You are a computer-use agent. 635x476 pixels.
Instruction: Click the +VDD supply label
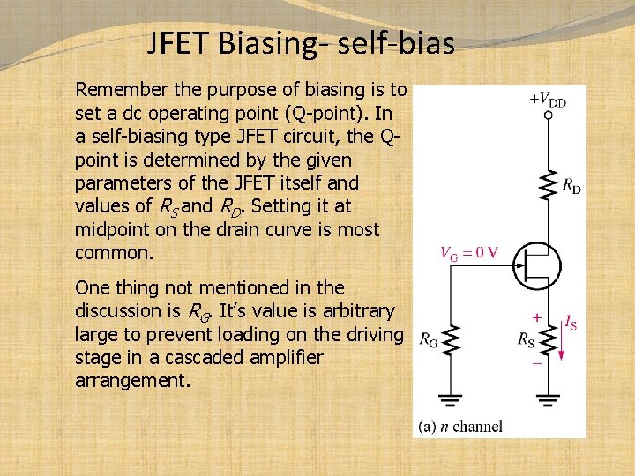click(547, 100)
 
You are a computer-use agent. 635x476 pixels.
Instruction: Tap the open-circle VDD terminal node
click(548, 115)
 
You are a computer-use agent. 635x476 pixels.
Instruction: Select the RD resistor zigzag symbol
click(548, 184)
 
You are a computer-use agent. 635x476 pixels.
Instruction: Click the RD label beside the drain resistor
click(571, 186)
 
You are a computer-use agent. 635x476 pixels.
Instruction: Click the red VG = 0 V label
click(469, 252)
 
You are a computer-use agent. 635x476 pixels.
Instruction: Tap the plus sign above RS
click(535, 315)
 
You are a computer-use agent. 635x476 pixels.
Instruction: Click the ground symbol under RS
click(548, 400)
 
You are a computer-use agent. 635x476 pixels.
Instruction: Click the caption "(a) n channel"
click(459, 427)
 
